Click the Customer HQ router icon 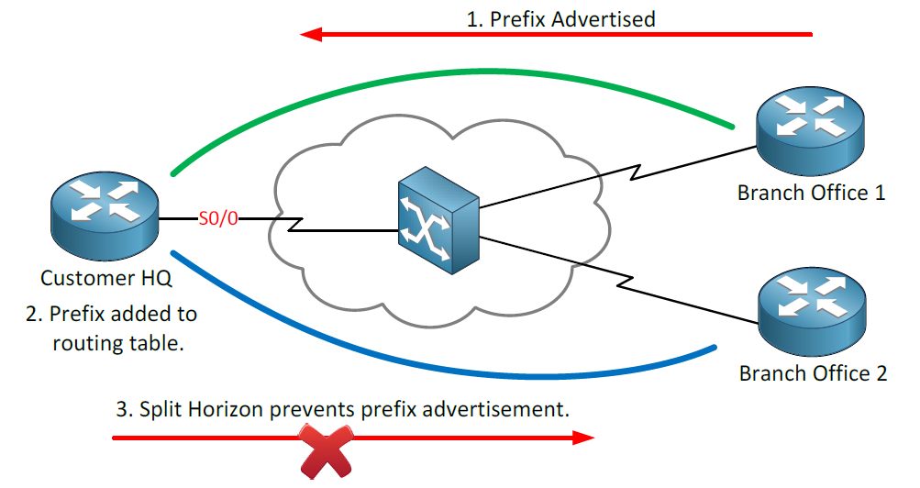click(105, 216)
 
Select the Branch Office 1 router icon click(810, 131)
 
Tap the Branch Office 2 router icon click(812, 312)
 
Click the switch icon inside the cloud click(438, 220)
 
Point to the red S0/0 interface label click(218, 219)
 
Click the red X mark click(327, 450)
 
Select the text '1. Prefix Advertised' click(560, 19)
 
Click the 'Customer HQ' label click(105, 278)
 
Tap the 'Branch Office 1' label click(811, 193)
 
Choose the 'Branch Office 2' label click(813, 373)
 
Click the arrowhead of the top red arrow click(311, 35)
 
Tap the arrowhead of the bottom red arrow click(583, 438)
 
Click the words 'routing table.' click(118, 343)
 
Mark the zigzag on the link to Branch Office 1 click(635, 172)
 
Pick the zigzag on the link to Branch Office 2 click(625, 282)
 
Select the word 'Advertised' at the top click(604, 19)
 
